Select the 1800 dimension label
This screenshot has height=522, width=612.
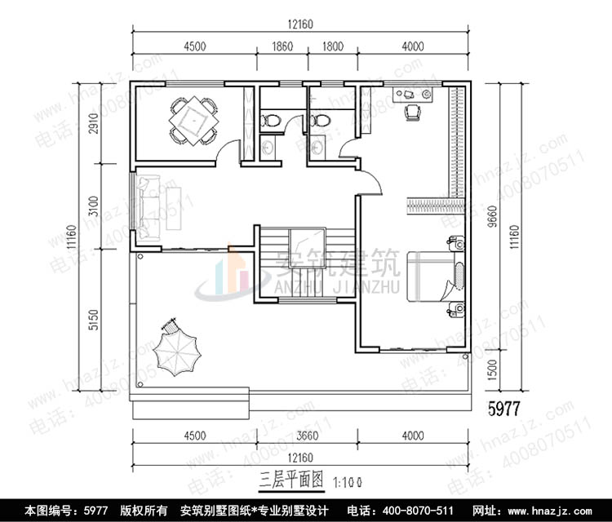[x=332, y=46]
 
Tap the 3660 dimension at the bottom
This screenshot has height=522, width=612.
[x=302, y=436]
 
